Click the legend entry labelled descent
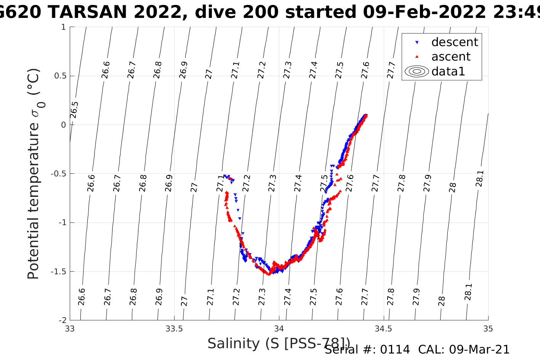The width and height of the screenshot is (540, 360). click(454, 42)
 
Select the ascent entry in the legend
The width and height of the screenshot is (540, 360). click(451, 57)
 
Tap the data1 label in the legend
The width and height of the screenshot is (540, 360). click(448, 71)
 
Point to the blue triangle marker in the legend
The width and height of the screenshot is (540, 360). click(417, 42)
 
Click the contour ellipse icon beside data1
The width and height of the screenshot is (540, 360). click(417, 71)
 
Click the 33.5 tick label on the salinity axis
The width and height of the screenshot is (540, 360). click(174, 329)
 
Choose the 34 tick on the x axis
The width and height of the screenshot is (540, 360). click(279, 329)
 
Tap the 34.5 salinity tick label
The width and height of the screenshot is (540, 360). click(383, 329)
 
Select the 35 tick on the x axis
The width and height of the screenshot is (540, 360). click(488, 329)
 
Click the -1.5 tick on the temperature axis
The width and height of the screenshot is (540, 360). click(58, 272)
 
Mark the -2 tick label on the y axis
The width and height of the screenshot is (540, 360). click(61, 320)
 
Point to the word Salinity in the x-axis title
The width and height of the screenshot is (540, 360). click(233, 344)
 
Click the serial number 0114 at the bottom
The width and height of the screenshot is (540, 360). click(394, 350)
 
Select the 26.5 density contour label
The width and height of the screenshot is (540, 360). click(74, 110)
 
